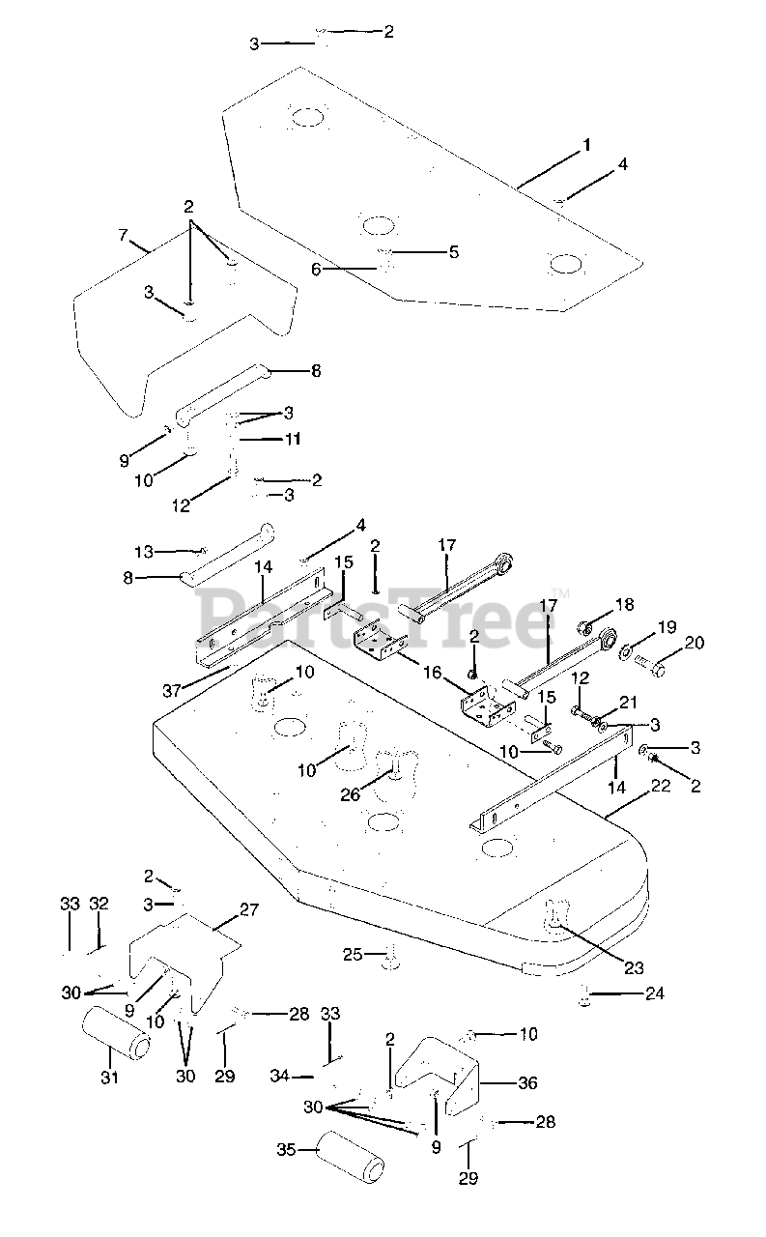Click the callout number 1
[x=586, y=145]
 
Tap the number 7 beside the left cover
[x=123, y=235]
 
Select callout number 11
[x=292, y=439]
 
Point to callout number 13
[x=144, y=551]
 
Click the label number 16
[x=433, y=672]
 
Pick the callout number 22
[x=660, y=786]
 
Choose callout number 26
[x=350, y=794]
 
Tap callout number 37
[x=172, y=690]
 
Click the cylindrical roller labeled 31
[x=117, y=1037]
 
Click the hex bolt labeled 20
[x=651, y=665]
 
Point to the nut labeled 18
[x=584, y=627]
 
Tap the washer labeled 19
[x=626, y=651]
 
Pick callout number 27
[x=249, y=909]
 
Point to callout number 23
[x=634, y=967]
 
